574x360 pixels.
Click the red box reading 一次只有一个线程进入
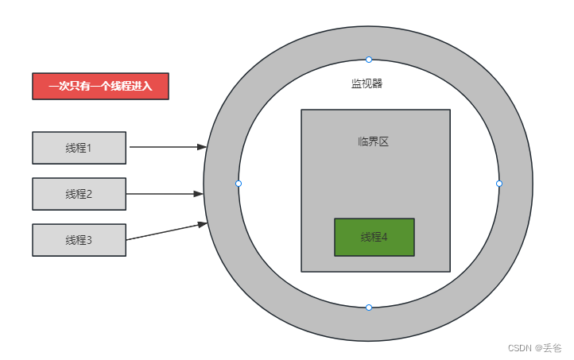coord(100,86)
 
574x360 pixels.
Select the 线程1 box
coord(79,148)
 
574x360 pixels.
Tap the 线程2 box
coord(79,194)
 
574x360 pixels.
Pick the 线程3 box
coord(79,240)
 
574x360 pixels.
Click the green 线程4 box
coord(374,237)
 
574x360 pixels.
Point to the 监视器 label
coord(368,83)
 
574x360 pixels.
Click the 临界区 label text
coord(373,142)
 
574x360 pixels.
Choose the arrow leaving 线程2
coord(163,193)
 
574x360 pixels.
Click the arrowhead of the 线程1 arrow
coord(202,147)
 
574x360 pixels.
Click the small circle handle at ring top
coord(369,60)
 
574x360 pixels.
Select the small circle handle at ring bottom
coord(369,308)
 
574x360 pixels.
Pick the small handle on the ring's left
coord(239,184)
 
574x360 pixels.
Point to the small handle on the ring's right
coord(499,184)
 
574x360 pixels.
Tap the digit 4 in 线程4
coord(385,237)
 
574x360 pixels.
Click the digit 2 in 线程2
coord(90,194)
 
